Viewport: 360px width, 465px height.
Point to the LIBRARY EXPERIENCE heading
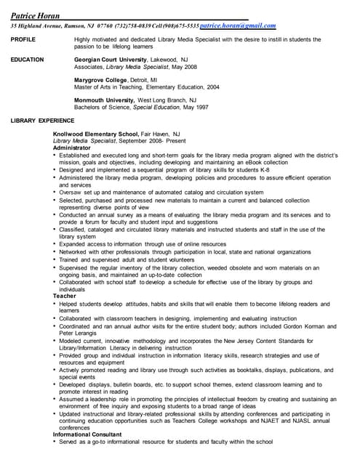[42, 120]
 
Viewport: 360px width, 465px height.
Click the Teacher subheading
[65, 296]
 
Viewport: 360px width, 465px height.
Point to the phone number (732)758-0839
[130, 25]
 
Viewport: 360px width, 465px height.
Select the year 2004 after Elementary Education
[212, 86]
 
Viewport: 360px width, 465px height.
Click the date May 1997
[195, 107]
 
